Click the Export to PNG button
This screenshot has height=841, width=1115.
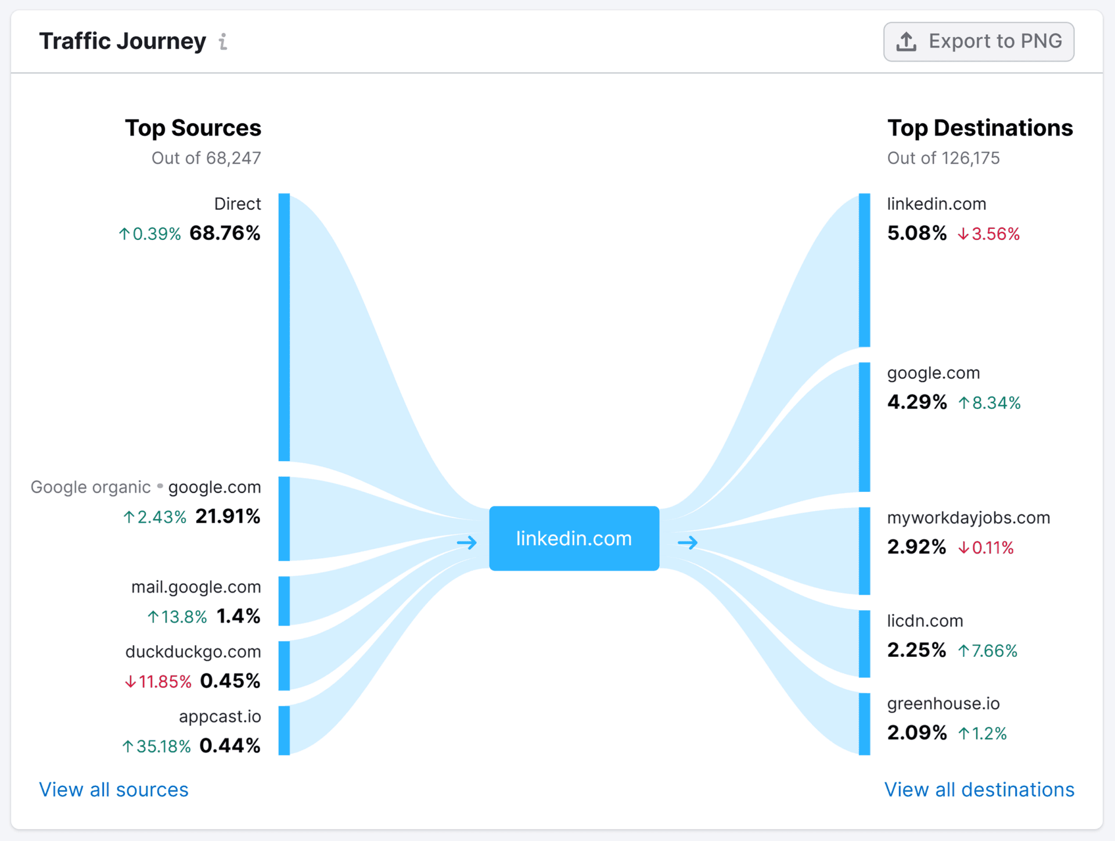tap(979, 42)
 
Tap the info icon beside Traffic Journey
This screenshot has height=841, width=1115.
tap(223, 42)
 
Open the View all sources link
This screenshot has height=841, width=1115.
tap(114, 790)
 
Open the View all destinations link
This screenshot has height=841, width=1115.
tap(979, 790)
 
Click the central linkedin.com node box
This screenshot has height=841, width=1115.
tap(574, 538)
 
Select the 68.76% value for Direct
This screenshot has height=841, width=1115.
tap(225, 233)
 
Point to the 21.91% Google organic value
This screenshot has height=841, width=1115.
tap(228, 516)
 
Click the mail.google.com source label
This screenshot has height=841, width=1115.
tap(196, 587)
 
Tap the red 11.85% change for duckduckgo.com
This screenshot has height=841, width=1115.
tap(159, 681)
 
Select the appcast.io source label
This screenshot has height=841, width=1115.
tap(220, 717)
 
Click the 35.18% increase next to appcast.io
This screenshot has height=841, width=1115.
tap(157, 746)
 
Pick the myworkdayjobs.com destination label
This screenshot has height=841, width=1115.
tap(968, 517)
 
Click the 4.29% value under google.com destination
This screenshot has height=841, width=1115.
tap(916, 402)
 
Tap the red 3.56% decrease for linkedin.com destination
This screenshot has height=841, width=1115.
tap(989, 234)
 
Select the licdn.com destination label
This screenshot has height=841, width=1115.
tap(925, 621)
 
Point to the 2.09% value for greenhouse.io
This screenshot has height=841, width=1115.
tap(916, 733)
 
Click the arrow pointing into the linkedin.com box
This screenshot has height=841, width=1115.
tap(467, 543)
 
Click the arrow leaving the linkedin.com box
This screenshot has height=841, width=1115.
tap(688, 543)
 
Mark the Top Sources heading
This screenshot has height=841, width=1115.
tap(193, 128)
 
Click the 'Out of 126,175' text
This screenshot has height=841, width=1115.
tap(943, 158)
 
